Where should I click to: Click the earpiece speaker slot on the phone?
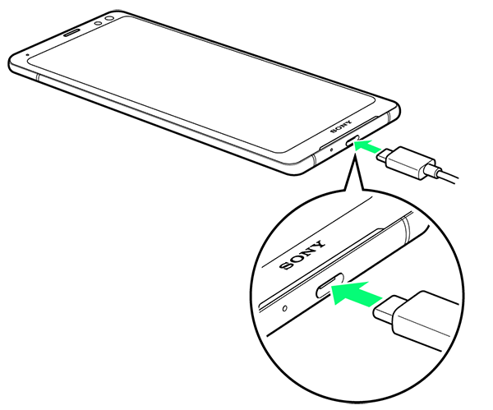click(x=72, y=33)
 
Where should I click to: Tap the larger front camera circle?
click(x=109, y=19)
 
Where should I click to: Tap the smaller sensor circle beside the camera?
click(x=98, y=23)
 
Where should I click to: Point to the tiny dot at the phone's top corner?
click(x=28, y=54)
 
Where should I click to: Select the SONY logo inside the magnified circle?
click(x=302, y=255)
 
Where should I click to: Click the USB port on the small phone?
click(x=352, y=141)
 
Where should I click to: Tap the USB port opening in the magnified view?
click(x=329, y=285)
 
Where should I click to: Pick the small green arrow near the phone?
click(x=367, y=146)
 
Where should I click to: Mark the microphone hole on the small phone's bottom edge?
click(x=331, y=150)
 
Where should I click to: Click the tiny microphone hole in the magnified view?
click(x=285, y=308)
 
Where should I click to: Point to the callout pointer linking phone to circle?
click(x=355, y=173)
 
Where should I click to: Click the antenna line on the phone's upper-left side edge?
click(x=38, y=77)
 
